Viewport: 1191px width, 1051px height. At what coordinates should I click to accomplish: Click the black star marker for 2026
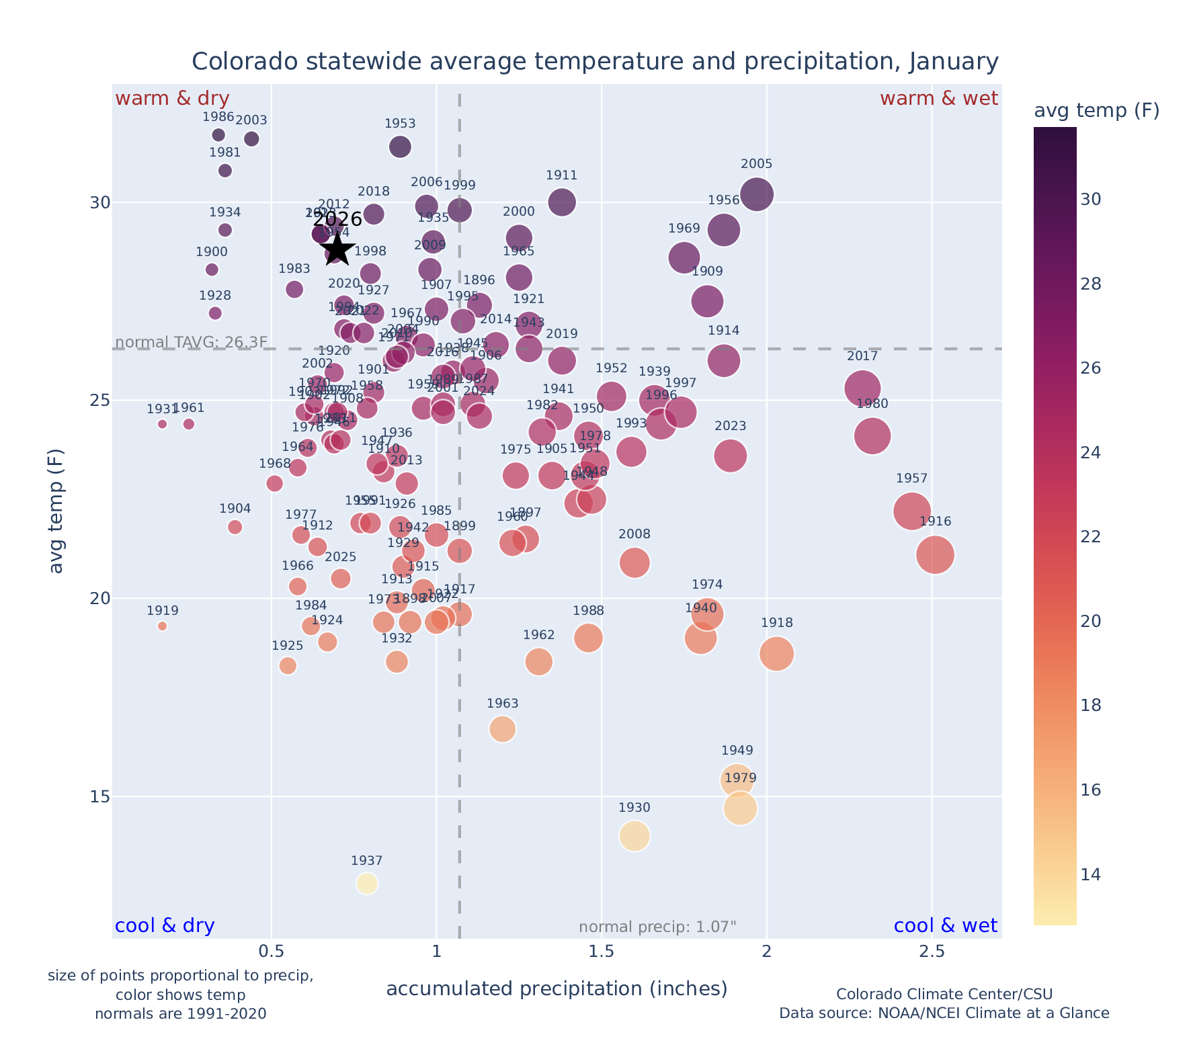[x=338, y=249]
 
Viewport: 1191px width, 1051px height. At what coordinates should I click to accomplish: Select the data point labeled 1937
[x=366, y=883]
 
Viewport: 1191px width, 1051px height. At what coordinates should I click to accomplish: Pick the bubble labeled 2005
[x=756, y=194]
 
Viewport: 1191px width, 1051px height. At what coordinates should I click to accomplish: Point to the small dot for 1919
[x=162, y=626]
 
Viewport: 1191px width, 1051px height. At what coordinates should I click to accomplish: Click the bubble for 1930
[x=634, y=836]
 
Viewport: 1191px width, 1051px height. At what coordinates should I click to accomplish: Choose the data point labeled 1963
[x=502, y=729]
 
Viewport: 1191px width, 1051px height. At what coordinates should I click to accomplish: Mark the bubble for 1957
[x=912, y=511]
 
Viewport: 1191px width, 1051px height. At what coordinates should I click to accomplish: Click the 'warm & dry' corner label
[x=172, y=99]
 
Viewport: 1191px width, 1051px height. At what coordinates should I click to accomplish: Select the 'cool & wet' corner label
[x=945, y=926]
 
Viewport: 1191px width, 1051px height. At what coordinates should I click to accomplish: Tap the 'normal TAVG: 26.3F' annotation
[x=192, y=342]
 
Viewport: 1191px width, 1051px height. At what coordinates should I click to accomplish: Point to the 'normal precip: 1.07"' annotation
[x=657, y=927]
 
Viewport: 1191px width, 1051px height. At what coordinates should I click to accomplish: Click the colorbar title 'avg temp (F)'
[x=1096, y=111]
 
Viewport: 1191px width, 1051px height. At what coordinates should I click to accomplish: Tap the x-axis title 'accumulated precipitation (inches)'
[x=557, y=989]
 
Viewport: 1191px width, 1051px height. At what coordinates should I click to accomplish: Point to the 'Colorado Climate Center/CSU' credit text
[x=944, y=994]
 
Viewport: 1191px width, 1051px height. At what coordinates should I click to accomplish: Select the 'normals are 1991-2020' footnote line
[x=180, y=1013]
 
